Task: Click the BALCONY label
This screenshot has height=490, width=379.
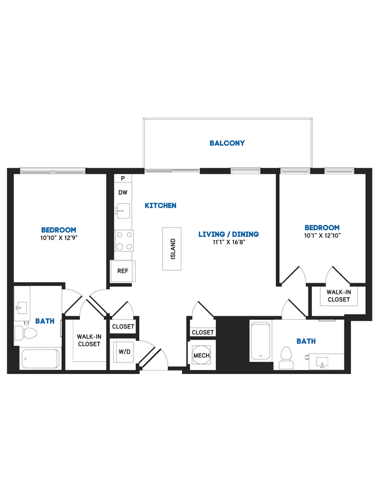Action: click(227, 143)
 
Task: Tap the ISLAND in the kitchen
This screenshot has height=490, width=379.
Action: click(173, 249)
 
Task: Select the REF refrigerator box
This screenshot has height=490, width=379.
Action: click(123, 271)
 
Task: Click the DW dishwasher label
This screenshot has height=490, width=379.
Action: click(123, 192)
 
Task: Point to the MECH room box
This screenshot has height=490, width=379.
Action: click(202, 355)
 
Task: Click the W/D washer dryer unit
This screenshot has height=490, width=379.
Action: click(123, 351)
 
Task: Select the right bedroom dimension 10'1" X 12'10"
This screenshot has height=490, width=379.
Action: click(322, 235)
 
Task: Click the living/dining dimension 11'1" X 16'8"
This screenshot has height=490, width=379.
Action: click(228, 242)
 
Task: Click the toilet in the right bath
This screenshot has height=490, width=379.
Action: click(286, 358)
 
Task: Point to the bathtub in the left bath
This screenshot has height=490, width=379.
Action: click(40, 358)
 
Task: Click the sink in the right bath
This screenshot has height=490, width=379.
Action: click(324, 362)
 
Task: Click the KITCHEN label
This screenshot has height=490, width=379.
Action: click(160, 206)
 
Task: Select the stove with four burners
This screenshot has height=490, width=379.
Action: click(124, 241)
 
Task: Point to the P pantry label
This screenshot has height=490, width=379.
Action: click(123, 179)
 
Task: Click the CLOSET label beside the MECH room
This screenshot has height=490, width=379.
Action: click(202, 332)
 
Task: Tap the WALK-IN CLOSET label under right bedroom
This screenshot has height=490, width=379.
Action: click(338, 296)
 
